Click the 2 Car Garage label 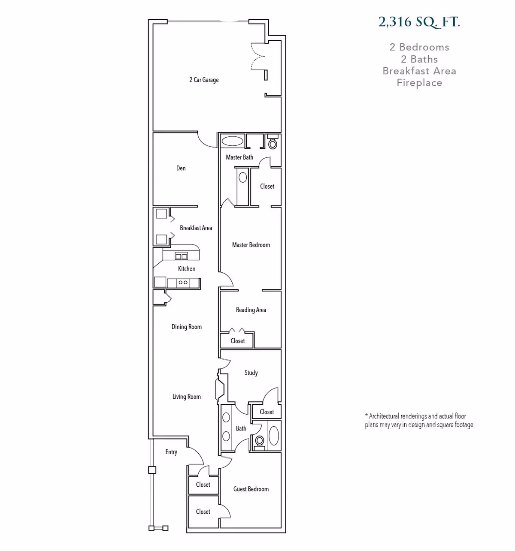click(204, 80)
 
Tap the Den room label click(181, 168)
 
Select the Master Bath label click(239, 157)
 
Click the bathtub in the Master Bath click(232, 141)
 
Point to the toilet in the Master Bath click(273, 143)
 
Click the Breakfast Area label click(196, 228)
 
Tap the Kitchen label click(187, 268)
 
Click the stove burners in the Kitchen click(183, 283)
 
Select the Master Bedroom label click(251, 245)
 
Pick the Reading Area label click(251, 310)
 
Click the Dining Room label click(187, 327)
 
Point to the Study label click(251, 373)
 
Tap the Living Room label click(187, 397)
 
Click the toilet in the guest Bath click(259, 440)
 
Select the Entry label click(171, 452)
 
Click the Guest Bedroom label click(251, 489)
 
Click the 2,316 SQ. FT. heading click(419, 22)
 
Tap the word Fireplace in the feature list click(419, 83)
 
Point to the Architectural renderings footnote click(419, 420)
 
